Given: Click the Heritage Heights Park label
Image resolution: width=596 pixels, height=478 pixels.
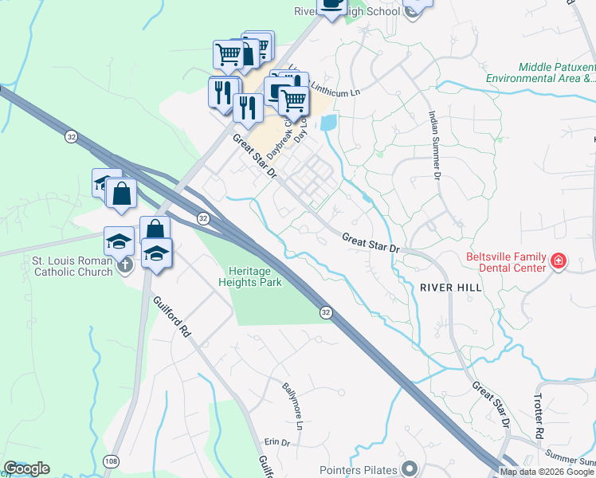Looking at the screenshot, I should click(x=250, y=276).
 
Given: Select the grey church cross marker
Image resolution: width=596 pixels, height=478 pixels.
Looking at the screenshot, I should click(x=125, y=266).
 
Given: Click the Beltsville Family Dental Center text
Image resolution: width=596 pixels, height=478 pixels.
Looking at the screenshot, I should click(x=506, y=262).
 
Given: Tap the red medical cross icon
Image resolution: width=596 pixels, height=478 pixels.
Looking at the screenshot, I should click(x=559, y=261).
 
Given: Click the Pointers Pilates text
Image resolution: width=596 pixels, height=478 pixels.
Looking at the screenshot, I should click(x=358, y=468).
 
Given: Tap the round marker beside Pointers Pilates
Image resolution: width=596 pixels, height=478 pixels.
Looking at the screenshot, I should click(x=410, y=468).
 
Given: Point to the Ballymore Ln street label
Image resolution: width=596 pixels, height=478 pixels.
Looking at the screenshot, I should click(x=293, y=406).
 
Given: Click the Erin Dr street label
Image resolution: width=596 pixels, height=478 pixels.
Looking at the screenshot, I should click(x=276, y=442).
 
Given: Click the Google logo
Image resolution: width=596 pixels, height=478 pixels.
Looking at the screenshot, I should click(x=26, y=468).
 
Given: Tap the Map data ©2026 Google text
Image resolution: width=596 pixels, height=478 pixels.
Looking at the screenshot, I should click(x=547, y=471).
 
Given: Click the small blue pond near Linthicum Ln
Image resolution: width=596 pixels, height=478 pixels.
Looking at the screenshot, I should click(x=327, y=123).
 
